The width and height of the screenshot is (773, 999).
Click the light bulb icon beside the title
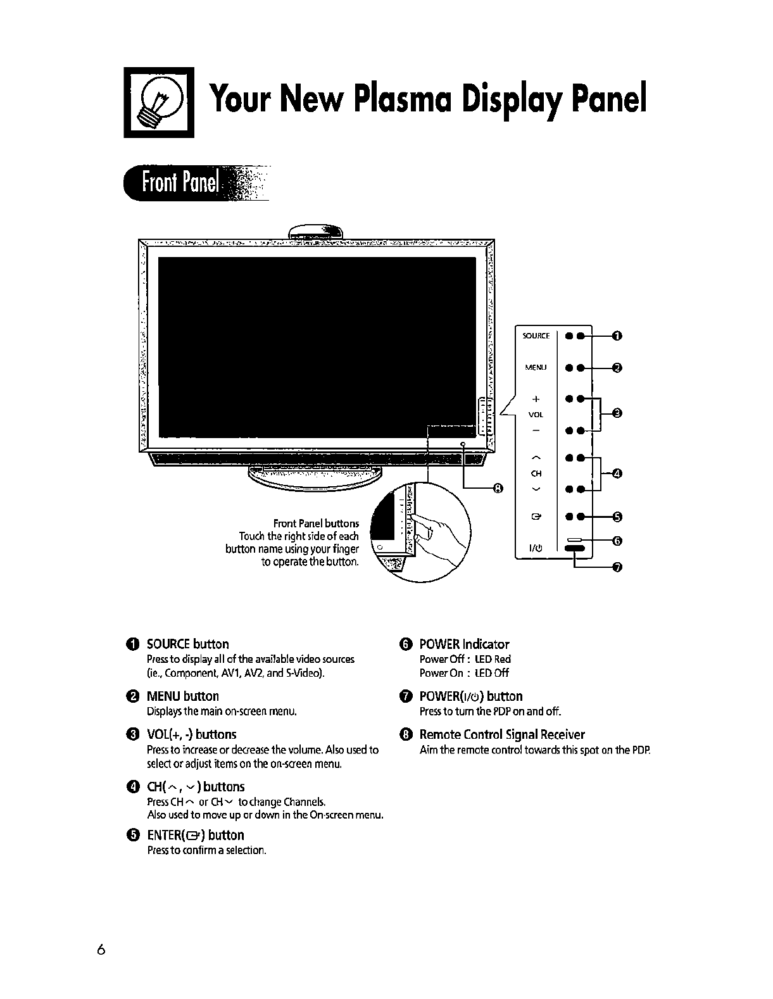click(x=158, y=102)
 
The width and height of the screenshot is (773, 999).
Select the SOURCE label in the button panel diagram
click(x=536, y=336)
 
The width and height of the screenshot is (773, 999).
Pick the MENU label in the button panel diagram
click(x=536, y=367)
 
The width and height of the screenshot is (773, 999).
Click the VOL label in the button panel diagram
click(x=536, y=415)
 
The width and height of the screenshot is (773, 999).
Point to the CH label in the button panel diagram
click(x=536, y=473)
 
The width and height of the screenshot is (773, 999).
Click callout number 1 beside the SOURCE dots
click(x=619, y=336)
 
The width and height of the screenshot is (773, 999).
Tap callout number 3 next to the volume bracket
click(x=619, y=414)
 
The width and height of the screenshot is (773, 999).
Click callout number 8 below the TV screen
click(x=498, y=488)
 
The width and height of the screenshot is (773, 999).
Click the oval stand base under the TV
click(x=310, y=477)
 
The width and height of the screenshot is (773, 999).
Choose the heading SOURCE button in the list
click(x=187, y=644)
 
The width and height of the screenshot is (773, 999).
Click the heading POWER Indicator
click(x=464, y=644)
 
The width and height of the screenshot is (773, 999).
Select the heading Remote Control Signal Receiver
click(x=502, y=734)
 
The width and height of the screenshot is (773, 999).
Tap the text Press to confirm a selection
click(x=206, y=850)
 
